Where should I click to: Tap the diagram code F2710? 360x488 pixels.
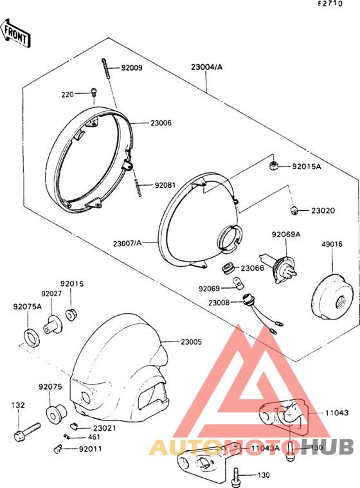pos(330,4)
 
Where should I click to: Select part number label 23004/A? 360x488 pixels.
pos(207,67)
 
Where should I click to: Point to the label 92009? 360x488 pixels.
pos(132,68)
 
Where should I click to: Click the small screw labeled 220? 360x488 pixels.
pos(94,91)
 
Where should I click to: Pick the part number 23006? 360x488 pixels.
pos(161,123)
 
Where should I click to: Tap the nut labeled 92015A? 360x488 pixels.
pos(273,165)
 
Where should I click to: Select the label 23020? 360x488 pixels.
pos(323,211)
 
